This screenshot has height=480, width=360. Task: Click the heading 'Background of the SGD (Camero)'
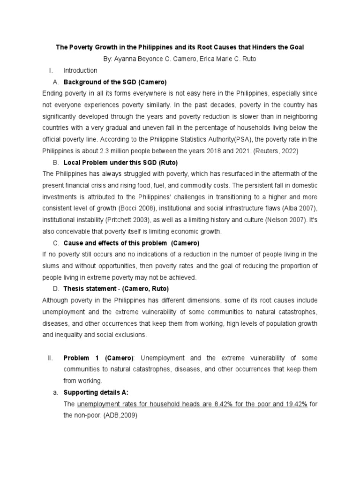click(x=115, y=82)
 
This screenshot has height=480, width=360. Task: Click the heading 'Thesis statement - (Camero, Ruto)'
click(x=116, y=289)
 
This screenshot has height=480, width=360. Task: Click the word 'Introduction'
click(x=80, y=70)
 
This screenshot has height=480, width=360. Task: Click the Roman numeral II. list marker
click(x=51, y=358)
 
